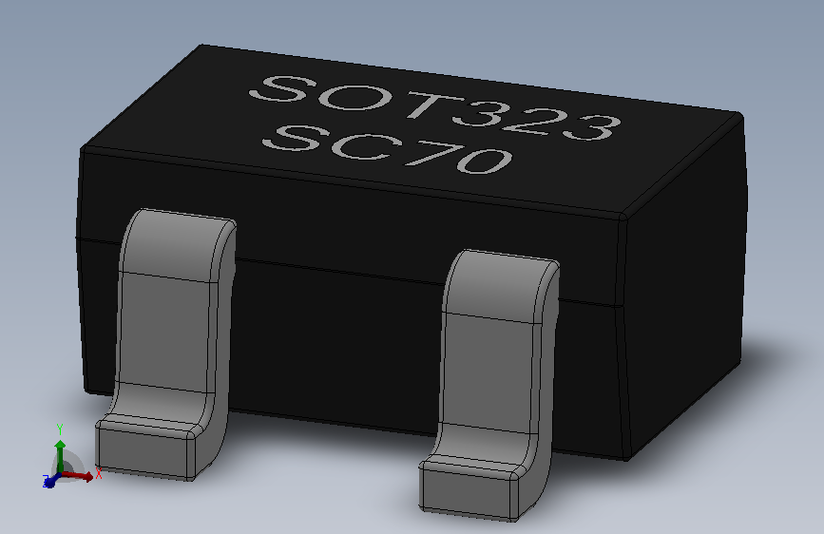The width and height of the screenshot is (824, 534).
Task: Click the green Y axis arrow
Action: pyautogui.click(x=60, y=446)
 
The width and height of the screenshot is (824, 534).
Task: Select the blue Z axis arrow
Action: pyautogui.click(x=48, y=482)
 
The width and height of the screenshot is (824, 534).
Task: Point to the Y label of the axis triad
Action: pyautogui.click(x=60, y=429)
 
